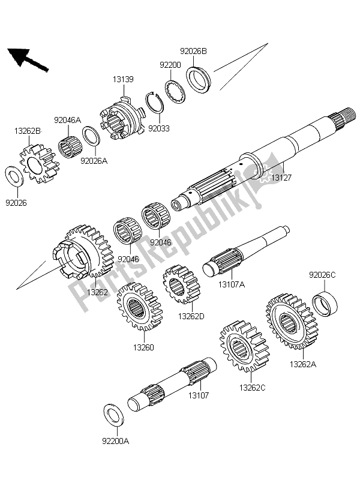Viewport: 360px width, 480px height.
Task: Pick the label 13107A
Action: [231, 286]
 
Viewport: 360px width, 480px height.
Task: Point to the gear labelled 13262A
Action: [290, 320]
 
